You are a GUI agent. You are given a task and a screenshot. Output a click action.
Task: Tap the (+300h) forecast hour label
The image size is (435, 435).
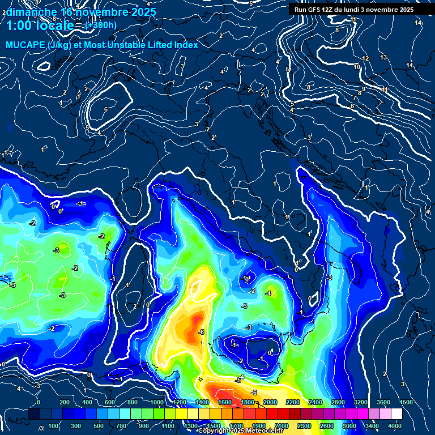click(101, 25)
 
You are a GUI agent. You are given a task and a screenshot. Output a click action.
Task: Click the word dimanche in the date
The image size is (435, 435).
click(31, 11)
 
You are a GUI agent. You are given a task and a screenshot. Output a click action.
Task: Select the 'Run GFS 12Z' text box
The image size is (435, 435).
click(353, 10)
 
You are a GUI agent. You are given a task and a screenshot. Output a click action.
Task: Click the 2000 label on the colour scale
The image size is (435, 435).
click(270, 402)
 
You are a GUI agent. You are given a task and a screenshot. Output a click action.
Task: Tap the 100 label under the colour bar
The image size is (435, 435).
click(53, 425)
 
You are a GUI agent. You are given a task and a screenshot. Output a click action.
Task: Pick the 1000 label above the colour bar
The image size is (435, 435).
click(157, 402)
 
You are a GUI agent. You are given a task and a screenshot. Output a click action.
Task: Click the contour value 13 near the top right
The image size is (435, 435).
click(383, 58)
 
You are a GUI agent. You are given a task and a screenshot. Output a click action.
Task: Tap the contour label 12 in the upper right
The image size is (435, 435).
click(365, 59)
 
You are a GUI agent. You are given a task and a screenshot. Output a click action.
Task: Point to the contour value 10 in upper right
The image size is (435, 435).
click(357, 67)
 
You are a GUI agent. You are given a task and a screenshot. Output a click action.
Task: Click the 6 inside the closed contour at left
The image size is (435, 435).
click(106, 109)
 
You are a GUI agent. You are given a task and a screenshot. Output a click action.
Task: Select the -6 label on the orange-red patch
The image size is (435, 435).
click(201, 332)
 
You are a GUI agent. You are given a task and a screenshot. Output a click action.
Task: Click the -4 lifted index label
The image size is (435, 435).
click(268, 293)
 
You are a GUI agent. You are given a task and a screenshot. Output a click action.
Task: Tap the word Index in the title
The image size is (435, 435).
click(186, 45)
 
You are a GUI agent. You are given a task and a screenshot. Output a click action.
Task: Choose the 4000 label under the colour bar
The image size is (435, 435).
click(395, 425)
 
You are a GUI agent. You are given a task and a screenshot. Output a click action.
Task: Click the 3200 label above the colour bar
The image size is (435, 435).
click(361, 402)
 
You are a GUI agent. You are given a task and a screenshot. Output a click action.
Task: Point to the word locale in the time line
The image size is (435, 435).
click(56, 25)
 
